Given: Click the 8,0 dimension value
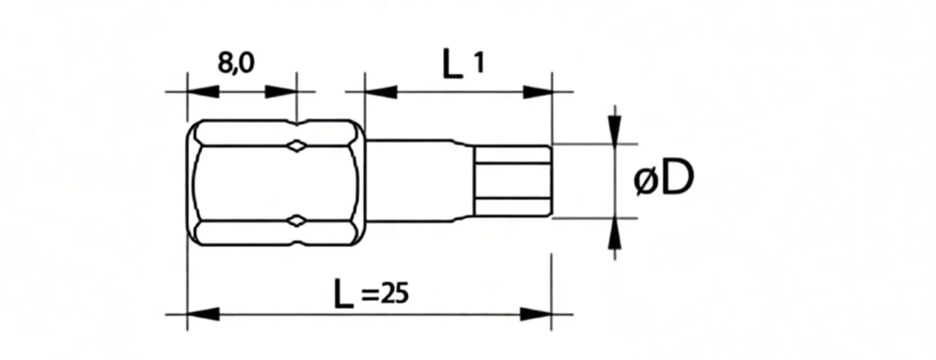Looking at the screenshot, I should (x=236, y=63).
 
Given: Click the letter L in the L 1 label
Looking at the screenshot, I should (x=452, y=64).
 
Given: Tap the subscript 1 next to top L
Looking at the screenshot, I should (x=479, y=63).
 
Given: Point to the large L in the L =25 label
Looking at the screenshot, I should (x=343, y=294).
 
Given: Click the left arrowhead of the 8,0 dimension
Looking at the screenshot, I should (x=202, y=92).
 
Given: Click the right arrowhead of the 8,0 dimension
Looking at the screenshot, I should (x=280, y=92).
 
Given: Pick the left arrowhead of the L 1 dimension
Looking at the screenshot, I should (x=381, y=92).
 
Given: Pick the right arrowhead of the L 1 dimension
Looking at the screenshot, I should (x=537, y=92).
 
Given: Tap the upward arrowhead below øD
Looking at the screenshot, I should (x=616, y=232).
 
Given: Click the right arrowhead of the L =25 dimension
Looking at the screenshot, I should (x=535, y=314).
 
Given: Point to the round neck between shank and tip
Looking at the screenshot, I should (x=416, y=181).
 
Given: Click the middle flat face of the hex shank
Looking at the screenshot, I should (x=270, y=183).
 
